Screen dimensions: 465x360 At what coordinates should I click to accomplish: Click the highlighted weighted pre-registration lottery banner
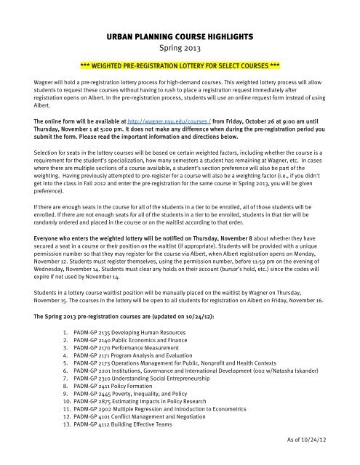[180, 63]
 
